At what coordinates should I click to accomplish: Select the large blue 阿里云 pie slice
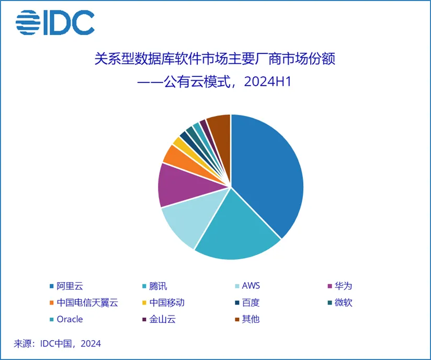[x=267, y=172]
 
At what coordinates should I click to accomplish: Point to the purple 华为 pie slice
[x=178, y=185]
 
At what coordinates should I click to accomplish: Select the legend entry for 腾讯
[x=157, y=286]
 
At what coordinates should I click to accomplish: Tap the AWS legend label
[x=251, y=286]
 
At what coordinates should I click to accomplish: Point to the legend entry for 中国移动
[x=167, y=303]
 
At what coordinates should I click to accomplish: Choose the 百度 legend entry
[x=251, y=303]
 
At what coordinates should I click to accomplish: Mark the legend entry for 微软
[x=343, y=303]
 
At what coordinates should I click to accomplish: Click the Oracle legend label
[x=70, y=319]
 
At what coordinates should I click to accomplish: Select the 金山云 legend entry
[x=162, y=319]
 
